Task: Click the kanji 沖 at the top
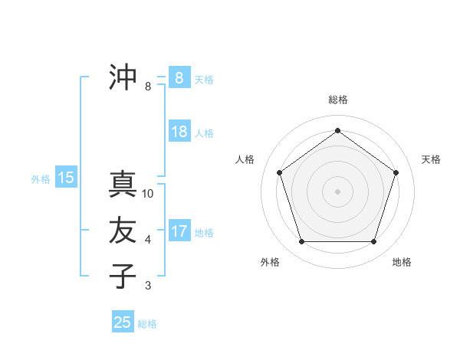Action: (123, 77)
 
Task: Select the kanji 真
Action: (123, 185)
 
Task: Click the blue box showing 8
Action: (179, 77)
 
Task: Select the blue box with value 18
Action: (179, 132)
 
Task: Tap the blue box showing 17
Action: (179, 231)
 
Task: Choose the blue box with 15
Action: (65, 178)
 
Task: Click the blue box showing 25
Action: (123, 322)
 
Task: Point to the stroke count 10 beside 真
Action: (148, 194)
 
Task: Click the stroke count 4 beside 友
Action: (148, 240)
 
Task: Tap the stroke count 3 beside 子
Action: (148, 286)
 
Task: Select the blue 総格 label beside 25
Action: (147, 323)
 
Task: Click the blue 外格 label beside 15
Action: (41, 179)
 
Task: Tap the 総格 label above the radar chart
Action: (337, 100)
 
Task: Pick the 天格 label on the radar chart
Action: (431, 159)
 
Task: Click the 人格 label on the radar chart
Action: (245, 159)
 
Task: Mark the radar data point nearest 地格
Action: (373, 241)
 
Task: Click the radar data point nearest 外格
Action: (301, 241)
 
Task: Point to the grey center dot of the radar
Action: (337, 191)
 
